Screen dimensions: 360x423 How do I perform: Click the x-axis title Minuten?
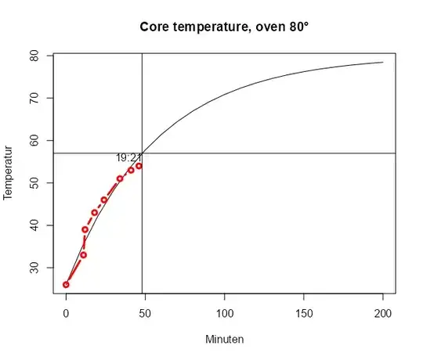(x=224, y=340)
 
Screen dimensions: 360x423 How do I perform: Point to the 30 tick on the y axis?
(x=36, y=268)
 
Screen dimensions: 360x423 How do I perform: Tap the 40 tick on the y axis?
(x=36, y=225)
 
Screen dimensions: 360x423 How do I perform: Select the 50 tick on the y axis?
(x=36, y=183)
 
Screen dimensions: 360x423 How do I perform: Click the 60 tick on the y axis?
(x=36, y=141)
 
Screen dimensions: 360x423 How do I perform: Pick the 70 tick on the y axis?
(x=36, y=99)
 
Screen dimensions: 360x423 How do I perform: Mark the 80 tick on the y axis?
(x=36, y=56)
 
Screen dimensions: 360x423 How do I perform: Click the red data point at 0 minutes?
(x=67, y=284)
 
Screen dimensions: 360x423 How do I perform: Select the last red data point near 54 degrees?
(x=139, y=166)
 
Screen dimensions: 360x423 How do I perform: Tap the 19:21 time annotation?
(x=128, y=157)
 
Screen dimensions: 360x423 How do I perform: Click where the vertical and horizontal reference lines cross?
(x=142, y=153)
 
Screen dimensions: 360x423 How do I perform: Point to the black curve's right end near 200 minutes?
(x=383, y=63)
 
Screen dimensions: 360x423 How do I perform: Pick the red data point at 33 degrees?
(x=84, y=254)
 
